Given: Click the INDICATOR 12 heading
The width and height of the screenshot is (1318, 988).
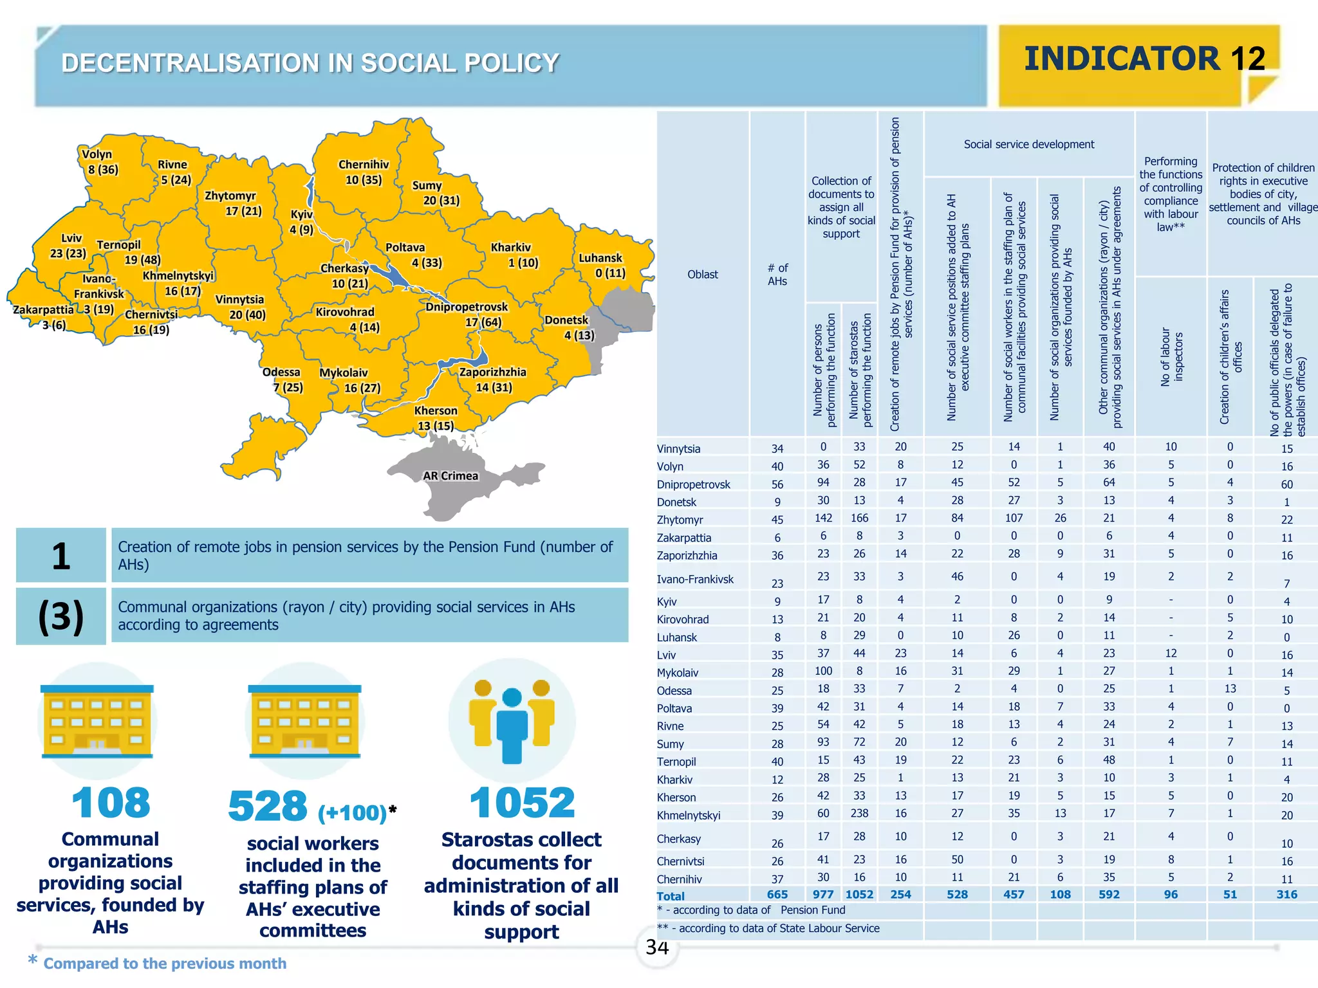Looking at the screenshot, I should point(1144,59).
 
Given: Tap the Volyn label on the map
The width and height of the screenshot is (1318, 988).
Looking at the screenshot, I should point(97,154).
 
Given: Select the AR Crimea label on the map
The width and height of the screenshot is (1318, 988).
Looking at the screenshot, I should point(450,476).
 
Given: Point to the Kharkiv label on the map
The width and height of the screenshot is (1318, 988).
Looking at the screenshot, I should point(511,248).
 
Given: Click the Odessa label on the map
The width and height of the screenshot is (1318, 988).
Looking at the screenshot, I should point(281,372).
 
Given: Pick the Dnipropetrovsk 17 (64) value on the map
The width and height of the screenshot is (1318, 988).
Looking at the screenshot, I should point(483,322).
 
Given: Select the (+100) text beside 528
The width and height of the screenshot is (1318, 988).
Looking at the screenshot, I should point(353,813).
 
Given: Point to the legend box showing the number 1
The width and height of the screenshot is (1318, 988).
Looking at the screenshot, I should point(61,556).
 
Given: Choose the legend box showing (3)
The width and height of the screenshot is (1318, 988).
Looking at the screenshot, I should point(61,616).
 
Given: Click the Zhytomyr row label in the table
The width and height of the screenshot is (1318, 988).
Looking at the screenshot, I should point(680,520).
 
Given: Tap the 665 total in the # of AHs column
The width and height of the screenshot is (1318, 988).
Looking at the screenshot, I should point(777,895).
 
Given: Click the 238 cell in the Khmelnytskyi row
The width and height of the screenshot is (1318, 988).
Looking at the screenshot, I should point(859,813).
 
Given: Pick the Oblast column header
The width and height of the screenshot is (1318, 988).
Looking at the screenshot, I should point(702,275).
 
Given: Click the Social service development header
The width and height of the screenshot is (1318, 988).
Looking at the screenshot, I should point(1028,145).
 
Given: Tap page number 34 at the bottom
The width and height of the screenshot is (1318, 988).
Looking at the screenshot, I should point(657,947).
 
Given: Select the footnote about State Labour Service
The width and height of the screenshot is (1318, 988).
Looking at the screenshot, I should point(768,928).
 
